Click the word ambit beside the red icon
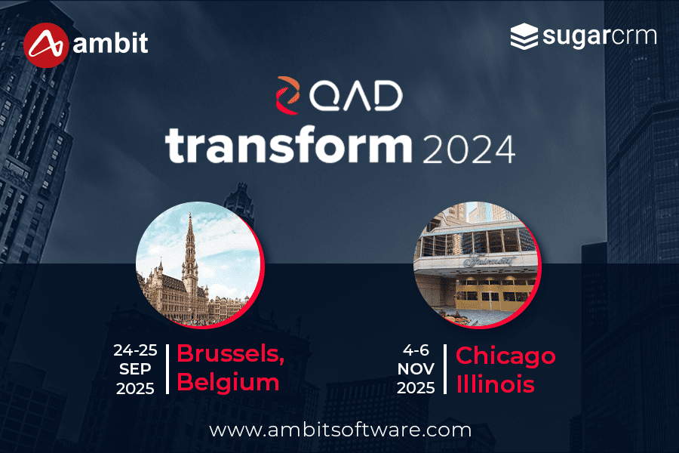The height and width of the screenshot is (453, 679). (x=112, y=44)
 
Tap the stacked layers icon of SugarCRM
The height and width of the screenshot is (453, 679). (x=524, y=36)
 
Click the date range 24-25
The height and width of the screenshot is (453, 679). (x=134, y=350)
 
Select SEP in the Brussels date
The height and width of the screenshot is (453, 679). (x=134, y=370)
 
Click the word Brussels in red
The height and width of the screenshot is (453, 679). (x=229, y=355)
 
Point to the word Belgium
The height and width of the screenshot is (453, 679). (x=228, y=382)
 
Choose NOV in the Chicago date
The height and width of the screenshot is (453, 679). (x=417, y=370)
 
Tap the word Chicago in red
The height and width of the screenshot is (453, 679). (x=505, y=355)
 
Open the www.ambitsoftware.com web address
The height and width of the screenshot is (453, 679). (x=339, y=430)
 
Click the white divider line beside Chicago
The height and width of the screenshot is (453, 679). (x=445, y=368)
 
